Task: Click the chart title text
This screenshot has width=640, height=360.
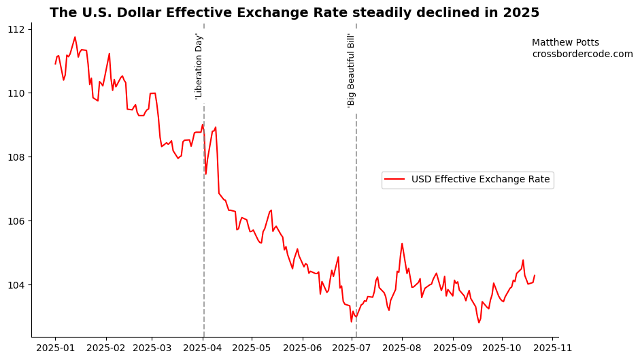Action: click(x=294, y=13)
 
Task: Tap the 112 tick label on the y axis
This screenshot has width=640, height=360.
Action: click(x=16, y=29)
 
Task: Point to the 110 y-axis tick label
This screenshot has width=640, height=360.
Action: click(x=16, y=93)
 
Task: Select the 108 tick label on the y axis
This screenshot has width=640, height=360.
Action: click(x=16, y=157)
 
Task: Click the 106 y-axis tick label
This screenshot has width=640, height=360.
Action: click(x=16, y=221)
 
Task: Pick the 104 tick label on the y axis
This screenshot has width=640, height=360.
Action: click(x=16, y=285)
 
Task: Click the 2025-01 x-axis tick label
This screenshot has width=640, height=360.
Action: click(x=55, y=348)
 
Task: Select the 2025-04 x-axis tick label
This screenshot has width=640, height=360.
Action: click(x=203, y=348)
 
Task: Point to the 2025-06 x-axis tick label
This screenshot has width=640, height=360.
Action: click(x=302, y=348)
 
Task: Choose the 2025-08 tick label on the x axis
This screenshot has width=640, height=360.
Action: click(x=402, y=348)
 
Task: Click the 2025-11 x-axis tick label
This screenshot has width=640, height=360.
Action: click(x=552, y=348)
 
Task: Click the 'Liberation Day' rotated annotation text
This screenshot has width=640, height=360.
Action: click(x=199, y=66)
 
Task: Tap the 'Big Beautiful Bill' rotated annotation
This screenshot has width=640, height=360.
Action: click(x=352, y=70)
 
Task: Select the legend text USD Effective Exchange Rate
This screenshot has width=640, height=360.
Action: click(x=480, y=180)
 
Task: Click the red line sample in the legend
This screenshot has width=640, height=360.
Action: click(x=395, y=180)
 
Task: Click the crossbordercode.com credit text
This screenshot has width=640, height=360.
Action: click(x=582, y=54)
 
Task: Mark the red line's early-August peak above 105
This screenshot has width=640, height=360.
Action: click(x=402, y=244)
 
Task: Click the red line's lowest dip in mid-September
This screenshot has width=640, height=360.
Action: click(x=479, y=323)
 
